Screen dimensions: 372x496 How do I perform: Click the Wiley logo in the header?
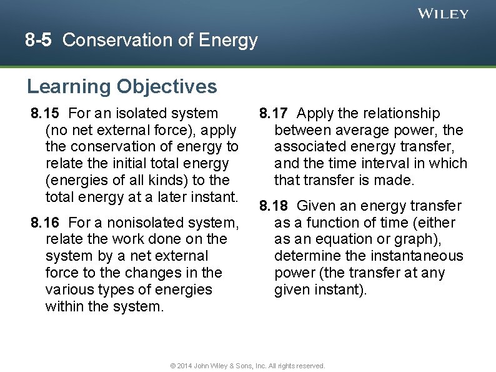[443, 14]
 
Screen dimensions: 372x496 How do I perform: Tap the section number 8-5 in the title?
[39, 41]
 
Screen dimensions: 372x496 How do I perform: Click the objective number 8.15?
[45, 113]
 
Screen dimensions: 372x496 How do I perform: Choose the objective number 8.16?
[45, 223]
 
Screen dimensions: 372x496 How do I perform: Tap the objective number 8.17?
[274, 113]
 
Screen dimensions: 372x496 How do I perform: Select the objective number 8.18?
[274, 206]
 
